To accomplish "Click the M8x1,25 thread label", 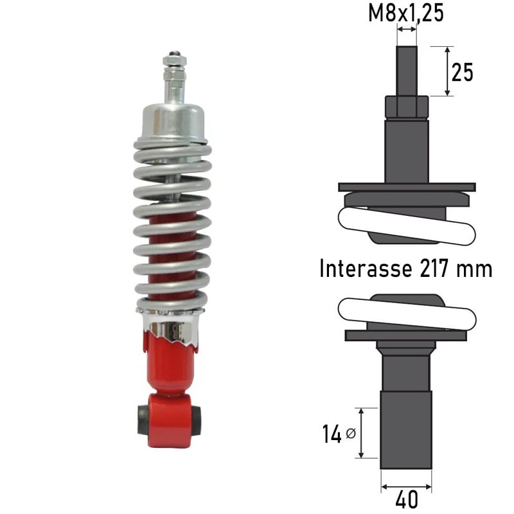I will tap(406, 12).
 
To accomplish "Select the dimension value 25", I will tap(462, 73).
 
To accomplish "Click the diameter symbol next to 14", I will tap(350, 434).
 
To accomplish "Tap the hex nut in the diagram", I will tap(406, 106).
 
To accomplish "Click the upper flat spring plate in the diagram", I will tap(407, 187).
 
